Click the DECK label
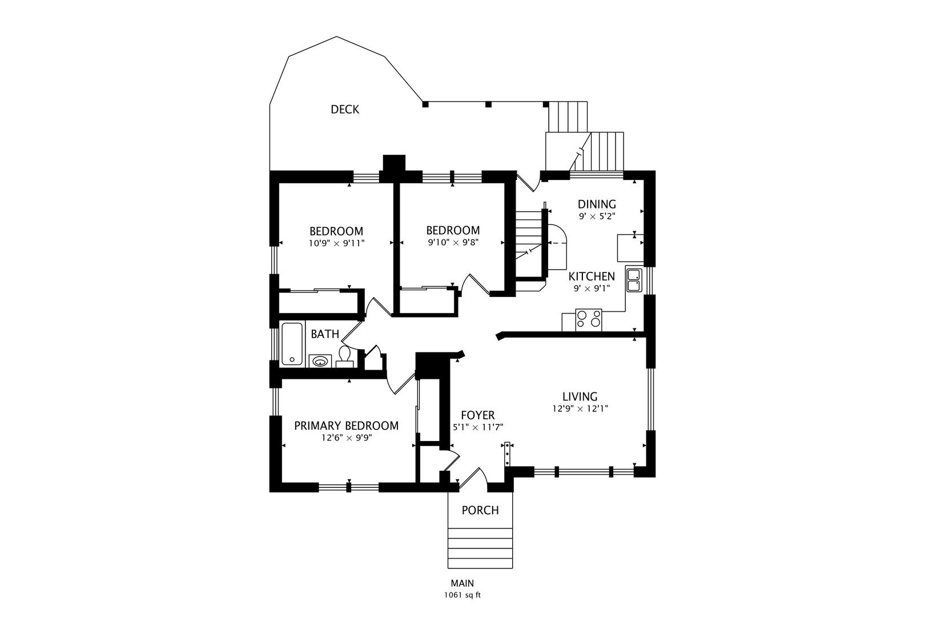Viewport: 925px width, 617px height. [345, 109]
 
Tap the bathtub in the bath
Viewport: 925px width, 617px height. [292, 343]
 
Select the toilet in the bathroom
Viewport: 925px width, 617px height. [344, 355]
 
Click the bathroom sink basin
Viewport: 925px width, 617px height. [320, 361]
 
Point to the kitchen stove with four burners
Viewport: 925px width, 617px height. [589, 319]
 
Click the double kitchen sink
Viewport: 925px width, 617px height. [634, 279]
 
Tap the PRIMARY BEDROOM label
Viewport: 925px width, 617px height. [346, 426]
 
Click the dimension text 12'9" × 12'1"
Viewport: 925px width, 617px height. [580, 409]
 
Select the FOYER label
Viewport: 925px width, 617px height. [478, 415]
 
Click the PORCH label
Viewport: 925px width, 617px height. [480, 510]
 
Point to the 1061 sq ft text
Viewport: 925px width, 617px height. [462, 595]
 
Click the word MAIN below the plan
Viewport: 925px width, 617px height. [462, 583]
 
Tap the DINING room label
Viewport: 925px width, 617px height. [597, 204]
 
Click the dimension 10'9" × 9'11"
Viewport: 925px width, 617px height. [336, 243]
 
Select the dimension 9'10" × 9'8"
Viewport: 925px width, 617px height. [453, 242]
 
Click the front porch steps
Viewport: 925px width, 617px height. [480, 547]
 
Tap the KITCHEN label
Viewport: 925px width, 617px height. [592, 276]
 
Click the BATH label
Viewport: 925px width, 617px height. [325, 334]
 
